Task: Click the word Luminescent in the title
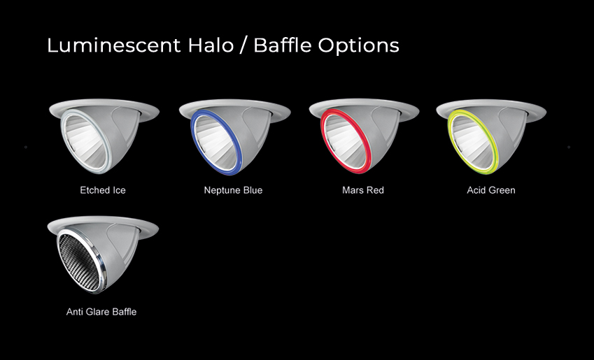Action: coord(113,45)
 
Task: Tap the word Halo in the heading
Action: coord(211,45)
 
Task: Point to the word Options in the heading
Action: coord(358,46)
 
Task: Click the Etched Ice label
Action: coord(103,190)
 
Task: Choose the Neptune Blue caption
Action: coord(233,190)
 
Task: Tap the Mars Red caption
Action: coord(363,190)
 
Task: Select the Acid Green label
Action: coord(491,190)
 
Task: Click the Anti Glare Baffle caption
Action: coord(101,312)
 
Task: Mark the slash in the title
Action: coord(243,46)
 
